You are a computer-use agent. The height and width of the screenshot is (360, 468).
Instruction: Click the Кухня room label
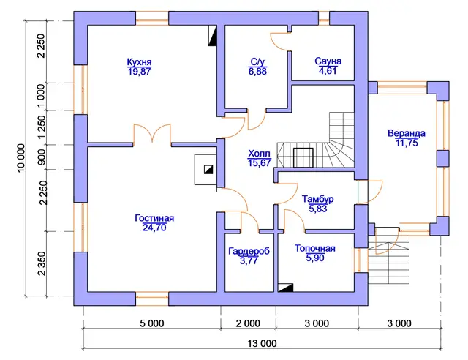[x=139, y=62]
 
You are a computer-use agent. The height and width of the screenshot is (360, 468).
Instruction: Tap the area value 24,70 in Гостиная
[x=154, y=228]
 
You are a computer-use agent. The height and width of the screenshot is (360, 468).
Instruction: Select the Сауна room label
[x=328, y=61]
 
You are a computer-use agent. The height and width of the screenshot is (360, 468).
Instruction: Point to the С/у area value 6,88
[x=257, y=72]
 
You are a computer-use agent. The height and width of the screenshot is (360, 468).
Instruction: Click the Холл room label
[x=259, y=154]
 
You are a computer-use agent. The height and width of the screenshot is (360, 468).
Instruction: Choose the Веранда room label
[x=407, y=133]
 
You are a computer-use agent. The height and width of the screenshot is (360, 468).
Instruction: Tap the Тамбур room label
[x=317, y=199]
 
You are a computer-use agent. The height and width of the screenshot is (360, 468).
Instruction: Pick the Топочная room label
[x=315, y=248]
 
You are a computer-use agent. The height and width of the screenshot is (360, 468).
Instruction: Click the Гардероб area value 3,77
[x=249, y=260]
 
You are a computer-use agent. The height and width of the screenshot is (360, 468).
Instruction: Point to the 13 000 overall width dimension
[x=262, y=344]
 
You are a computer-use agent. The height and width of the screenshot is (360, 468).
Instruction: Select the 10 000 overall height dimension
[x=21, y=158]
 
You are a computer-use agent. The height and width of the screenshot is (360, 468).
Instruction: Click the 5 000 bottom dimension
[x=152, y=323]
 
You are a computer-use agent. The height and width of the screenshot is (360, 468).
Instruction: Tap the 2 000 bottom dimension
[x=248, y=323]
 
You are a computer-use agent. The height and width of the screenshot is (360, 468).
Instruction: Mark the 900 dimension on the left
[x=42, y=157]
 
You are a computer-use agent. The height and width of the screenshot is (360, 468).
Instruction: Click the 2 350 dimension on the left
[x=42, y=264]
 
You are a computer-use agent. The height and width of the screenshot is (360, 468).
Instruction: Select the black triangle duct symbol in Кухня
[x=213, y=35]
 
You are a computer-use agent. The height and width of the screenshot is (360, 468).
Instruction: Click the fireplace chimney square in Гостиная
[x=208, y=170]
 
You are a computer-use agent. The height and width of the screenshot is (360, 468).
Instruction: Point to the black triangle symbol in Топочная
[x=286, y=288]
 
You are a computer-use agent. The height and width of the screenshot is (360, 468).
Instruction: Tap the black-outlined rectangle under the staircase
[x=303, y=157]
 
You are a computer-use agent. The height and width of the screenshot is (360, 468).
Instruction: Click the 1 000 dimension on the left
[x=42, y=97]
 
